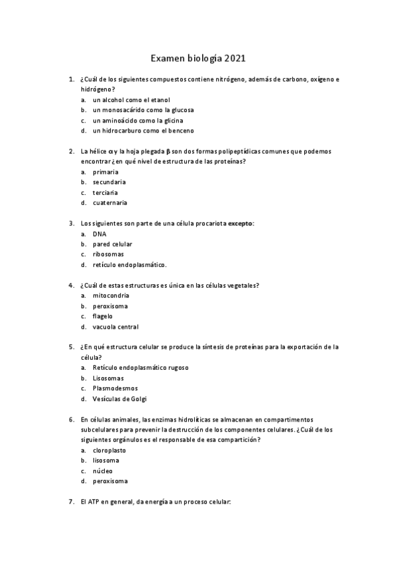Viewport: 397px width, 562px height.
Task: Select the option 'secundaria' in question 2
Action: (109, 182)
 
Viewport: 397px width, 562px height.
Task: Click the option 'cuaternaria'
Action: (110, 203)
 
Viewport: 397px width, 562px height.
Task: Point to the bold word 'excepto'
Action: (241, 223)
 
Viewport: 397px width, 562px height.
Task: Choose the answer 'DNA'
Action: (99, 234)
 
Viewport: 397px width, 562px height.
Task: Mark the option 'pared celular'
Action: (113, 244)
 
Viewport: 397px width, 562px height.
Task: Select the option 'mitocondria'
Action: (111, 296)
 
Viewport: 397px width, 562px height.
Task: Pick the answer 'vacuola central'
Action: (115, 327)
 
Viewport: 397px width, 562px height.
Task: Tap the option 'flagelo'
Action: (103, 316)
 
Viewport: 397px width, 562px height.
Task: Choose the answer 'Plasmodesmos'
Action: (115, 388)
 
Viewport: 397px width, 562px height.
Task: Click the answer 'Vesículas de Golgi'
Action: (119, 399)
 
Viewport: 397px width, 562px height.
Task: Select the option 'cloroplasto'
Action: (109, 450)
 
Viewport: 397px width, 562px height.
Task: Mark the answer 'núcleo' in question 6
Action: (103, 471)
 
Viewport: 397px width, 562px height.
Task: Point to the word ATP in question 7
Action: (95, 502)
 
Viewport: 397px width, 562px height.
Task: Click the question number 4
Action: (71, 286)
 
